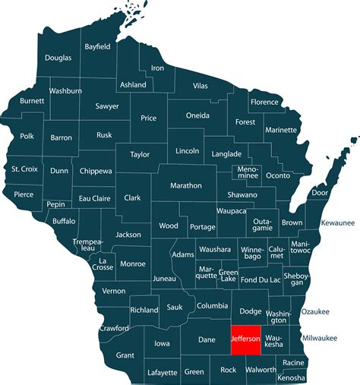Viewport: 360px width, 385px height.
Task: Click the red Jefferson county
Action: (246, 339)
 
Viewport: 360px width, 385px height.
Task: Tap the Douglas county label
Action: (58, 58)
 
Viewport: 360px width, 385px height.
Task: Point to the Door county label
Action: (320, 193)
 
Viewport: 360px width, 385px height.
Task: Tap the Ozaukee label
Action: (315, 311)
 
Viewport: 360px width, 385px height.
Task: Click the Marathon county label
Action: (185, 185)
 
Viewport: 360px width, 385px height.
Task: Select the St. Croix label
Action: (24, 169)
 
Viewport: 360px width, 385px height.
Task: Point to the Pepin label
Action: (55, 205)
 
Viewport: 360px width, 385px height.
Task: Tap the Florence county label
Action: (265, 102)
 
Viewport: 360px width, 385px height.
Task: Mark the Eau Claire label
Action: (96, 199)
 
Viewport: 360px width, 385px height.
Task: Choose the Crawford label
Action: (114, 328)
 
